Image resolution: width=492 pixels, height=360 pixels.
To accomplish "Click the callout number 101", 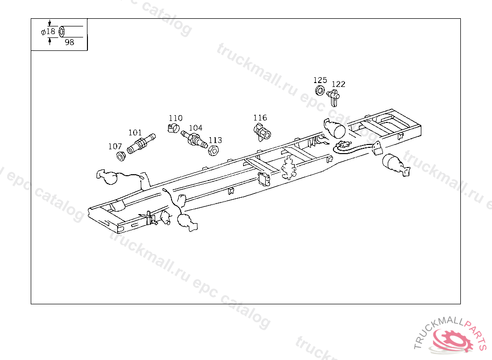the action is [135, 132].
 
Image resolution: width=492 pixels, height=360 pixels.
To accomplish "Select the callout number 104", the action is [196, 128].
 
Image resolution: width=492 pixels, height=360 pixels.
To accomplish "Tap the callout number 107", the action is [115, 146].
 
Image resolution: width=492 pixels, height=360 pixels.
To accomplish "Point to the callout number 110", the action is [175, 118].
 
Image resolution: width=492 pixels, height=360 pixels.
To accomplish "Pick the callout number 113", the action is [215, 140].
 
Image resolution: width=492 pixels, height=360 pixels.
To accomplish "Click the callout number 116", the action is [260, 118].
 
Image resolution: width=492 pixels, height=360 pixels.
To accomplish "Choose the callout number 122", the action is [338, 84].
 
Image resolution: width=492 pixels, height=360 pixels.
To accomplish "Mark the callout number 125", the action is [320, 80].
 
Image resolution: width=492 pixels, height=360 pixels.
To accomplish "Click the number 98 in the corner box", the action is [69, 42].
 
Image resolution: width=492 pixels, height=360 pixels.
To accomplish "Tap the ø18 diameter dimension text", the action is [48, 32].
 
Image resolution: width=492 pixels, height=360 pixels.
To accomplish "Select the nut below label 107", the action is [121, 156].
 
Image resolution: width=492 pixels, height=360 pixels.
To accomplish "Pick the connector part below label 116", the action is [262, 131].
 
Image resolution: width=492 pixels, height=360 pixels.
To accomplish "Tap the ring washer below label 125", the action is [320, 90].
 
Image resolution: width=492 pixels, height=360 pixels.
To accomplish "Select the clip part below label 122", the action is [334, 97].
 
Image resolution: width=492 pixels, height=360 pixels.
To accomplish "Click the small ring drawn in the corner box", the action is [61, 32].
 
